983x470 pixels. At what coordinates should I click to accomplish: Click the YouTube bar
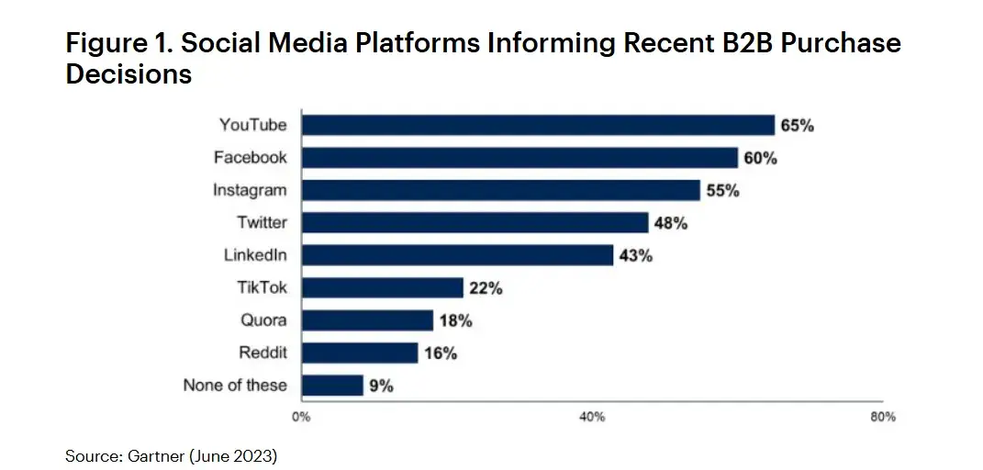538,125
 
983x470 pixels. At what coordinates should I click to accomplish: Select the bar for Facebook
519,158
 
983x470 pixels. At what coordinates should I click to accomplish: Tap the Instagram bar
501,190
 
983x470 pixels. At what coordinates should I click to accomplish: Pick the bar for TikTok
382,287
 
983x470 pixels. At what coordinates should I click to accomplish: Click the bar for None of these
332,386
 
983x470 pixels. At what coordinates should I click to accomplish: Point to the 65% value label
797,126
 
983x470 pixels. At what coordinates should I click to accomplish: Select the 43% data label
635,256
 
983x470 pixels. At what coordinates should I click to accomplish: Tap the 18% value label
455,321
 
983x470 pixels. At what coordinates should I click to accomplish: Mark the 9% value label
382,386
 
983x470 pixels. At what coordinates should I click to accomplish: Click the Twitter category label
262,222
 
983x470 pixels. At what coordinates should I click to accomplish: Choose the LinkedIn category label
255,255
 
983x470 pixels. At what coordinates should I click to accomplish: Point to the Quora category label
264,320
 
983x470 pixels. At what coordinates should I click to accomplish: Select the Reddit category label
263,352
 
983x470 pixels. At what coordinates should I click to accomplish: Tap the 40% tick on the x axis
592,418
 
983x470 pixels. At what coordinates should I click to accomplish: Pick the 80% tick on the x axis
882,418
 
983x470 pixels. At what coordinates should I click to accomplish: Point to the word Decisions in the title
128,73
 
